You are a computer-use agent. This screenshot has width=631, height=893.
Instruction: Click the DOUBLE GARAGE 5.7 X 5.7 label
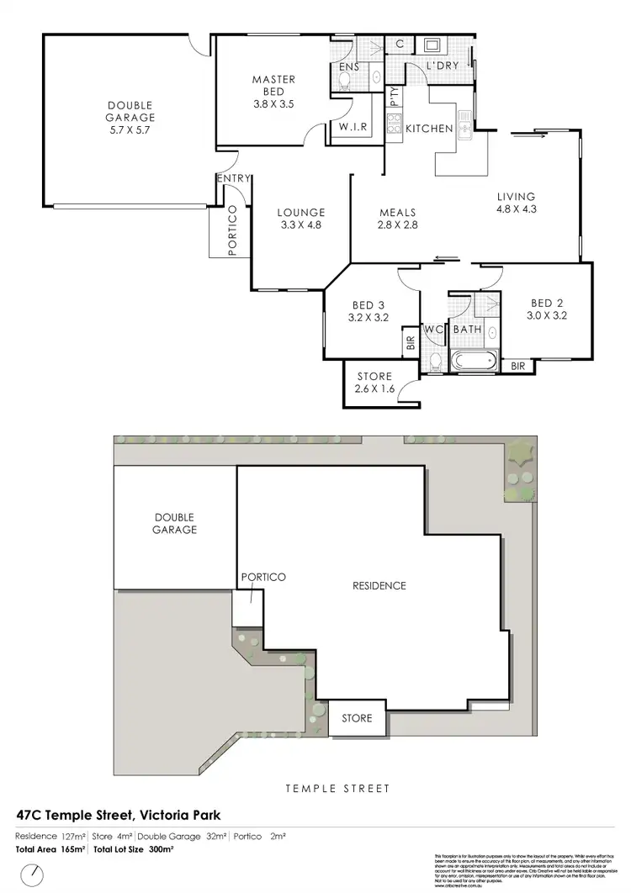(130, 118)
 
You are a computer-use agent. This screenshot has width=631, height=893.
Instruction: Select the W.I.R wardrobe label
(351, 127)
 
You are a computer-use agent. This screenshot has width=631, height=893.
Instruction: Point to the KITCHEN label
(429, 129)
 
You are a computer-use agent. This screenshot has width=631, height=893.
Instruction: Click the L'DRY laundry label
(442, 66)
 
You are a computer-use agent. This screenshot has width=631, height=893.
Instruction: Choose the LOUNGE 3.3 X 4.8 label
(301, 219)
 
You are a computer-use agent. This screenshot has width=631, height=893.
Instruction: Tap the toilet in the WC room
(434, 362)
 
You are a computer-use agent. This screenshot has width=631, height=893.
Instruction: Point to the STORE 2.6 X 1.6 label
(375, 382)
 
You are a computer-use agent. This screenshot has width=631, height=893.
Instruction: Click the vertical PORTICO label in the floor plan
(232, 230)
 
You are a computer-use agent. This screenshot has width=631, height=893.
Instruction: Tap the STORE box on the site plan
(356, 719)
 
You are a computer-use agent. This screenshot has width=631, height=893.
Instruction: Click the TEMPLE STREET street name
(337, 789)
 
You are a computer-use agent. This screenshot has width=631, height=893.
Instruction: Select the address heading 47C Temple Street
(119, 814)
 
